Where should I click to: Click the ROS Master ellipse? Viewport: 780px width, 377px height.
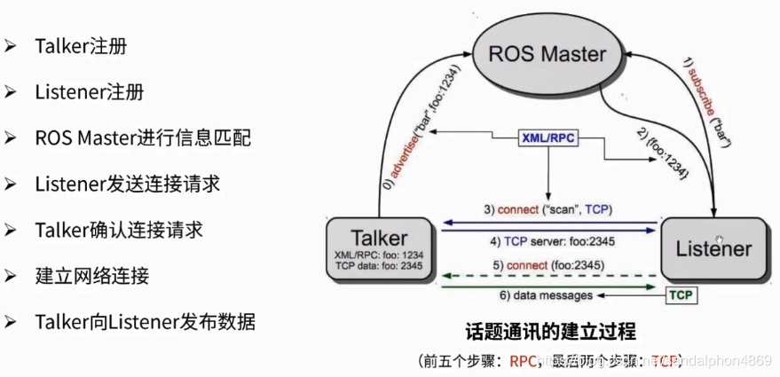[548, 55]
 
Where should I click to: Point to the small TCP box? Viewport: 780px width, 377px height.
[681, 295]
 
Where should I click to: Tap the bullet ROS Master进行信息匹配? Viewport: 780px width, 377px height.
[143, 137]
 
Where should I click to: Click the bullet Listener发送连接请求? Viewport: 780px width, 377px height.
[127, 184]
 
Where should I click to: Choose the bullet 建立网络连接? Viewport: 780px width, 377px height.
[91, 275]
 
